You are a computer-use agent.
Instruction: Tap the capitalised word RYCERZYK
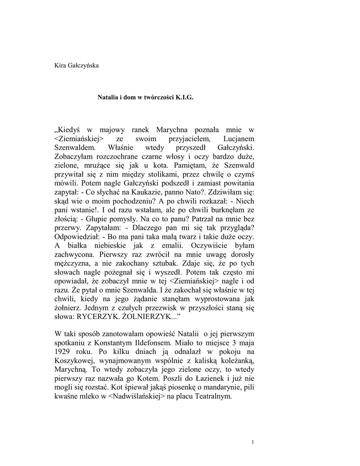[98, 316]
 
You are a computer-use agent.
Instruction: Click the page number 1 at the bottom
[253, 442]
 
